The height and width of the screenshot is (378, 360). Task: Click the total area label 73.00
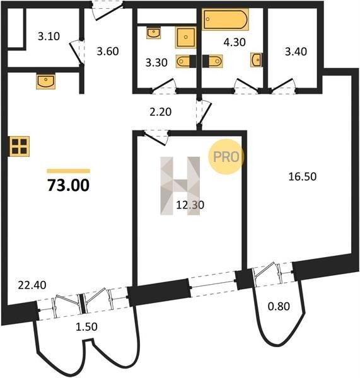click(69, 185)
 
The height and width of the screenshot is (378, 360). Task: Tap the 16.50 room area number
click(303, 176)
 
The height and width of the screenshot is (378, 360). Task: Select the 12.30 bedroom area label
click(190, 205)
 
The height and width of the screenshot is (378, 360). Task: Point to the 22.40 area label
click(32, 285)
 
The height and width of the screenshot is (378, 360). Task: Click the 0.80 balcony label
click(279, 306)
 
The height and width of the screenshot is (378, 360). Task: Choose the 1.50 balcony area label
click(86, 327)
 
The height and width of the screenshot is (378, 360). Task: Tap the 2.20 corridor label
click(161, 112)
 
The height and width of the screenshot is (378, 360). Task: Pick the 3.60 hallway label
click(108, 52)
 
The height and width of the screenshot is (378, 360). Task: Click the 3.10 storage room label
click(49, 37)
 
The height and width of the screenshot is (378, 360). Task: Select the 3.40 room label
click(296, 52)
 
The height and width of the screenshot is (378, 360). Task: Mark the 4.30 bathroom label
click(235, 42)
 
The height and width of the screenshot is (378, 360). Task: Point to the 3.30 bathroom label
click(156, 62)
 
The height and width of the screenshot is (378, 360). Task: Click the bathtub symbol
click(225, 20)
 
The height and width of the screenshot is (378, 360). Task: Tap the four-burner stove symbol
click(20, 146)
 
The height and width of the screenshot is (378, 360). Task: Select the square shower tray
click(185, 37)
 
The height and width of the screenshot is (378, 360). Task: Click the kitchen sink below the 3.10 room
click(45, 81)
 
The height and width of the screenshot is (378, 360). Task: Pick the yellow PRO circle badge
click(226, 157)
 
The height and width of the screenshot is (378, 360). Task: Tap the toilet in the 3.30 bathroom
click(183, 61)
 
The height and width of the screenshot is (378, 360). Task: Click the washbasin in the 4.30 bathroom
click(257, 60)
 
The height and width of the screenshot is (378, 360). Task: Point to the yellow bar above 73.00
click(69, 171)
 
